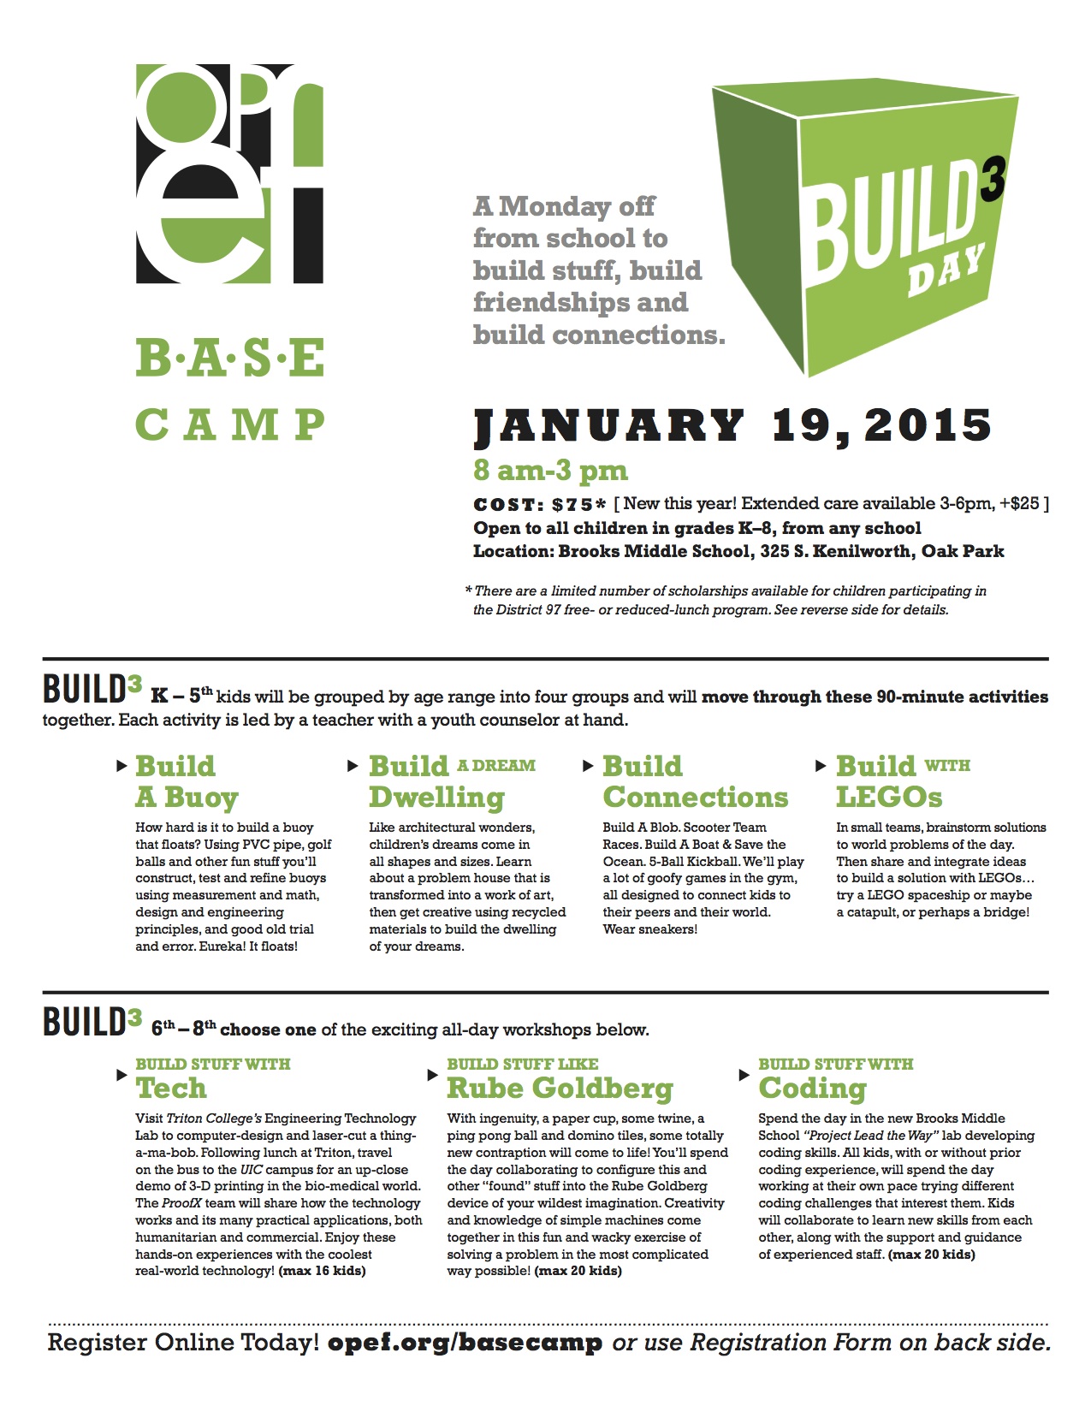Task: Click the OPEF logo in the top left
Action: pos(230,174)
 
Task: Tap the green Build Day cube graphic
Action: pos(864,227)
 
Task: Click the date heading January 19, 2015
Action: pos(732,426)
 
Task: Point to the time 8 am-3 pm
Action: pos(550,470)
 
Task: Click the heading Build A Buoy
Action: pos(187,781)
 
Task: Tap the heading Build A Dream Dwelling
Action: pos(452,781)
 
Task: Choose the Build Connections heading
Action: pos(695,781)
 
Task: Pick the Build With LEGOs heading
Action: pos(903,781)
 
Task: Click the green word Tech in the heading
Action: pos(171,1088)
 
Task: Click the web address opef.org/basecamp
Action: pos(465,1342)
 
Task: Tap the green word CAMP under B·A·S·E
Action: pos(230,424)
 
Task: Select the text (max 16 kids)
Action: pos(322,1271)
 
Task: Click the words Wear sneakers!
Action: pos(649,929)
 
